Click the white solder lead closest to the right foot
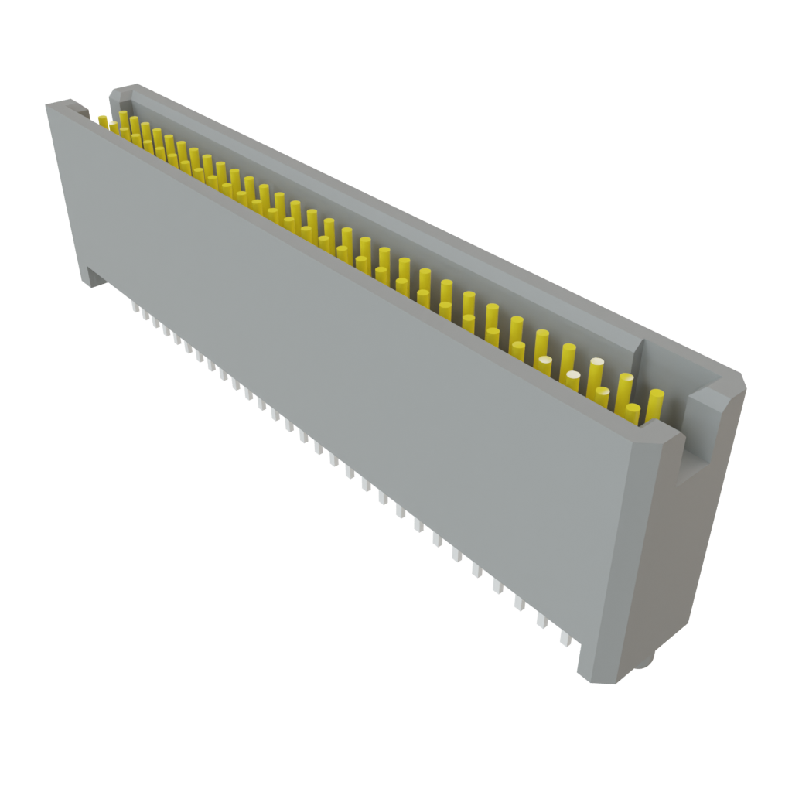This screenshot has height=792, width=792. (566, 638)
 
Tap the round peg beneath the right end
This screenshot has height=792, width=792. (646, 660)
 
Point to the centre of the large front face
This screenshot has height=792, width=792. (348, 387)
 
